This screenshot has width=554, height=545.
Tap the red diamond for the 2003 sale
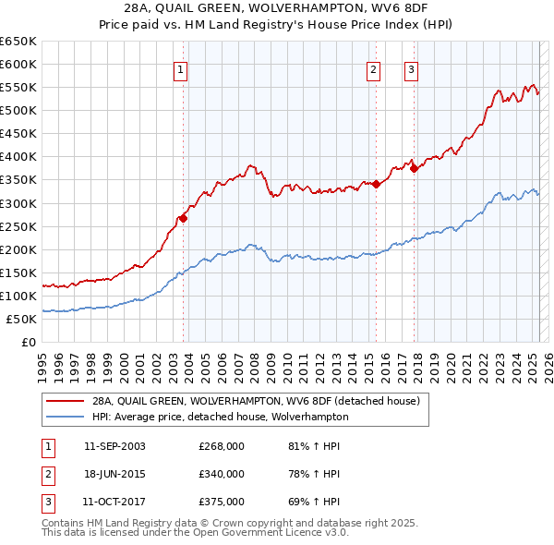pos(184,218)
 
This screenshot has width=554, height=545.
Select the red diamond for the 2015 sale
pos(377,185)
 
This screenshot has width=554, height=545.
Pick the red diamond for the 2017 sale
pos(415,168)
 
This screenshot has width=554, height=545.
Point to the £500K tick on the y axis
pos(19,111)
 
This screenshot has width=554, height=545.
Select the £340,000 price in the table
pos(222,474)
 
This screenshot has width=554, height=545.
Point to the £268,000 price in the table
pos(222,447)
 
